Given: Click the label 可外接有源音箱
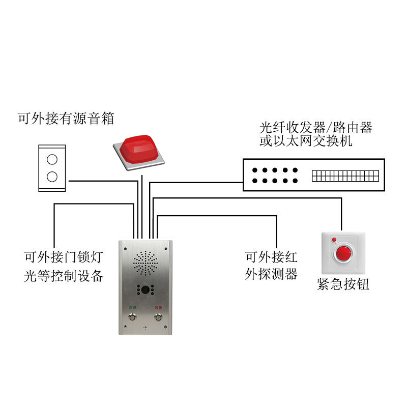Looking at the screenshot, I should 66,119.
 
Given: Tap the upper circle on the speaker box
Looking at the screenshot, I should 52,159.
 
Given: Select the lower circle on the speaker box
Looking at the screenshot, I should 52,177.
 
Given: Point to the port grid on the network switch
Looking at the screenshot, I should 345,176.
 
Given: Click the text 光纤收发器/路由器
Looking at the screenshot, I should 316,127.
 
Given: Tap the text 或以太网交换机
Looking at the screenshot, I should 305,141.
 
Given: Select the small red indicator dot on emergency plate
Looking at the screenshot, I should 334,239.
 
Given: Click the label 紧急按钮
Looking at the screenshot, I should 343,284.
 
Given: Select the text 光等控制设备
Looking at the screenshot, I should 64,276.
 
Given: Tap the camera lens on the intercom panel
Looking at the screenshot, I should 146,290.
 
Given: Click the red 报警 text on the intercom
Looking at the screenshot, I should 159,308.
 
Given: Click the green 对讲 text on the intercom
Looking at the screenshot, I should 132,308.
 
